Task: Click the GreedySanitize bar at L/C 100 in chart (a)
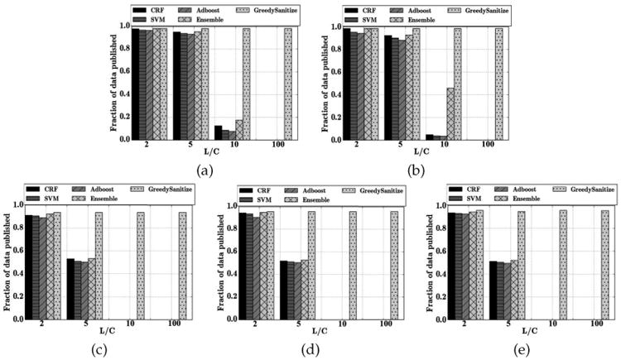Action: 289,84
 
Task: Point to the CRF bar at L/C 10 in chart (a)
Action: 219,132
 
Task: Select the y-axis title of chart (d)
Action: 221,261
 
